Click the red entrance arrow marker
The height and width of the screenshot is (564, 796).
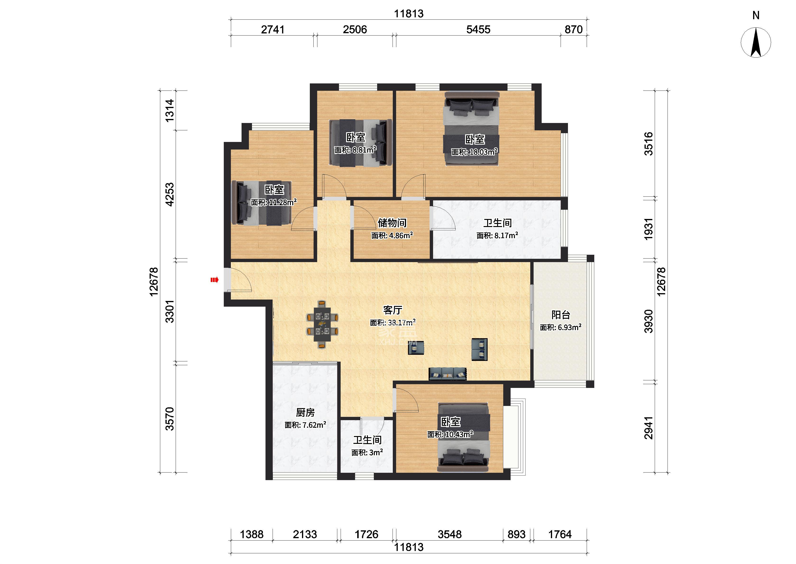click(214, 280)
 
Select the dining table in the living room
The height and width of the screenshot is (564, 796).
click(322, 325)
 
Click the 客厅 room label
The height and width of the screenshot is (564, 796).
click(393, 309)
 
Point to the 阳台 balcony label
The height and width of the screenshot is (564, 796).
click(561, 315)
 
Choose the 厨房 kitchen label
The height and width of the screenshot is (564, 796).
click(305, 412)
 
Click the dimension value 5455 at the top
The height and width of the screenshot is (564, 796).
click(478, 30)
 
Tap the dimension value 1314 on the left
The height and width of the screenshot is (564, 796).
click(169, 110)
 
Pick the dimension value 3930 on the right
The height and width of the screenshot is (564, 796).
click(648, 321)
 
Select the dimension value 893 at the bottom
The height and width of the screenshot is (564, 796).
click(517, 534)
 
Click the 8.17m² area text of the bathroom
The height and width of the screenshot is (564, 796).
click(504, 236)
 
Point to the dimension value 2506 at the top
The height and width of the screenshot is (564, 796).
click(355, 30)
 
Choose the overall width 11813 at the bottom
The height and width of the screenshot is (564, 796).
click(409, 547)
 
